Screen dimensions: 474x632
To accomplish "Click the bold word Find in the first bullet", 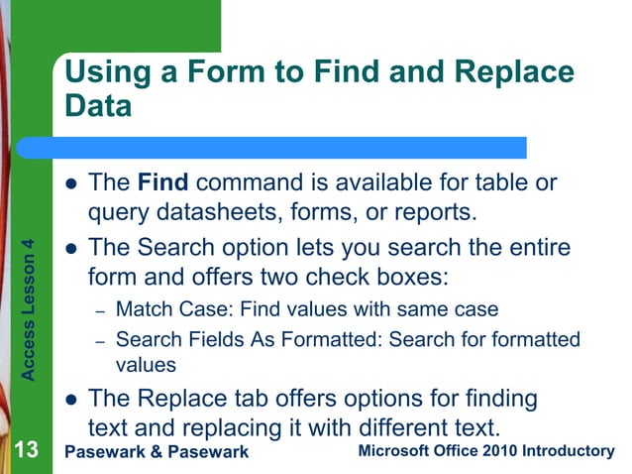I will [157, 183].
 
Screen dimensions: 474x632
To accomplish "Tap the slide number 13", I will [26, 452].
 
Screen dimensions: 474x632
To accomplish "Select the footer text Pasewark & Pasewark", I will [155, 453].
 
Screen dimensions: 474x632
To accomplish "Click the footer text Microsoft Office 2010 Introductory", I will [485, 452].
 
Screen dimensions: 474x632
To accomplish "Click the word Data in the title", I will [98, 106].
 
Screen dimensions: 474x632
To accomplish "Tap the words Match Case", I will [161, 310].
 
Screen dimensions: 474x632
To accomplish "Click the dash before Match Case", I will [100, 311].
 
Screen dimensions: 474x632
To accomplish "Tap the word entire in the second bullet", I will [536, 246].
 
